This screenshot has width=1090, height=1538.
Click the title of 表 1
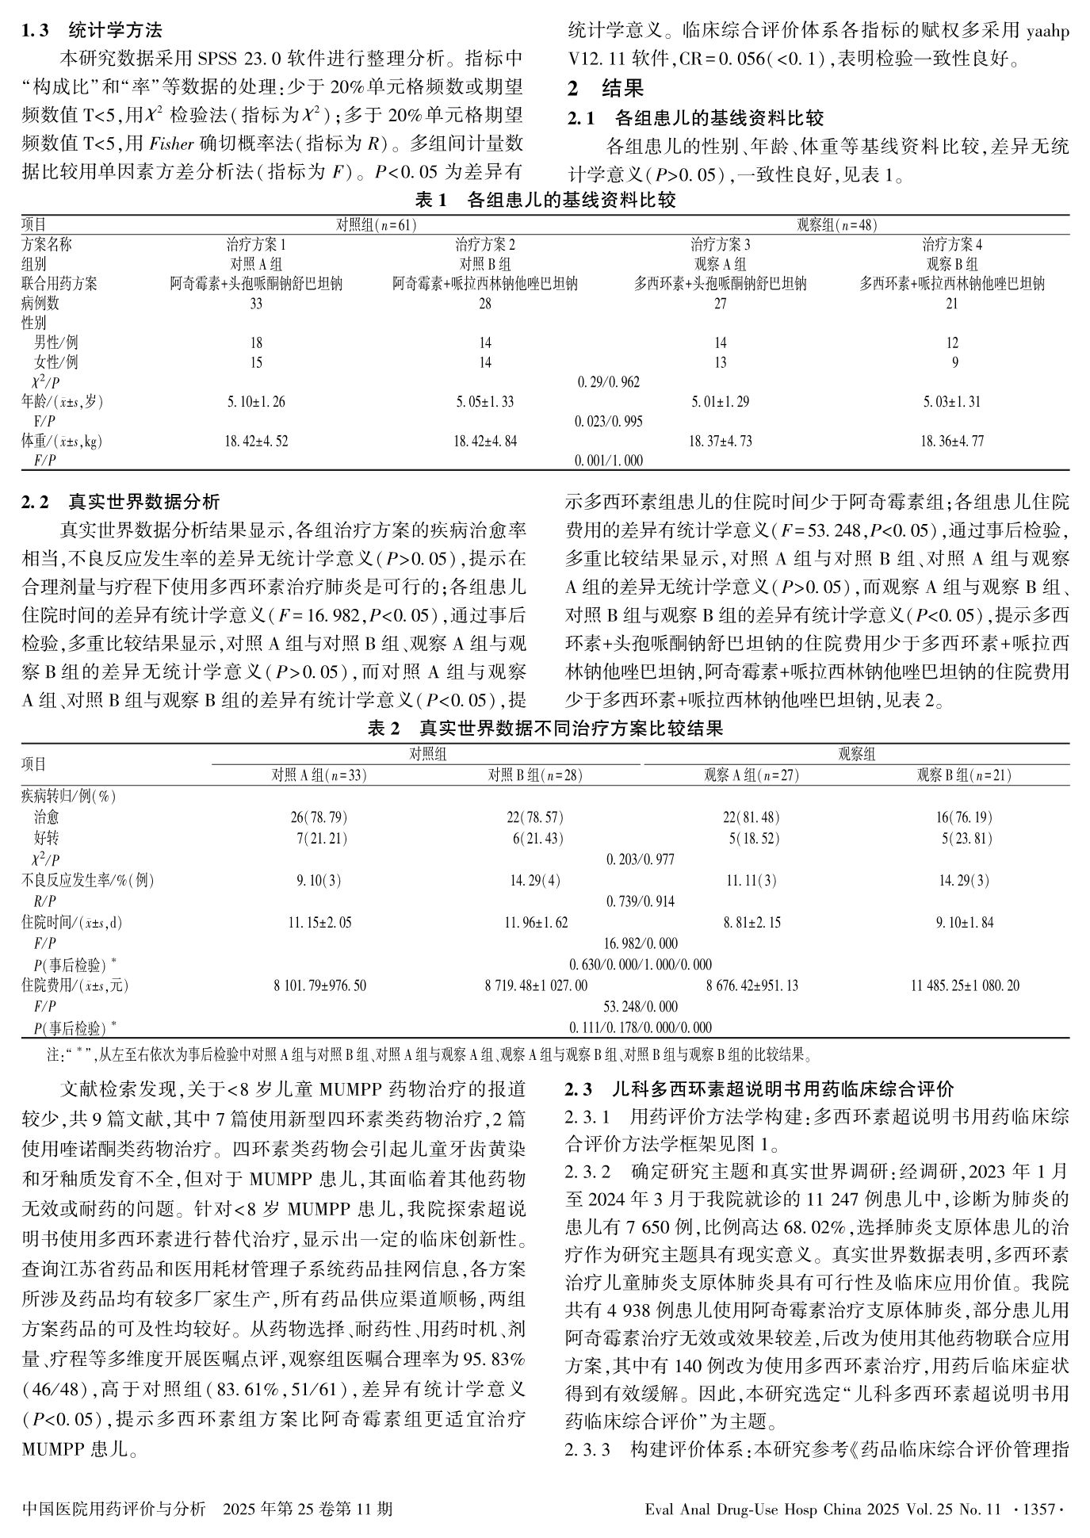[x=545, y=201]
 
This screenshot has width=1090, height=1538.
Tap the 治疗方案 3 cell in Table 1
[x=720, y=244]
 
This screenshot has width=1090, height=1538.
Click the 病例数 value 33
[x=256, y=303]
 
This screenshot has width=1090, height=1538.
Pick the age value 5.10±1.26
[x=256, y=402]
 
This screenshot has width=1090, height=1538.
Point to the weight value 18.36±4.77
[x=951, y=441]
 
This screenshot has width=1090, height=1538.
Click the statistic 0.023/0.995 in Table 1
[x=609, y=422]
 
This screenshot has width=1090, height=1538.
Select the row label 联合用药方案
[x=59, y=283]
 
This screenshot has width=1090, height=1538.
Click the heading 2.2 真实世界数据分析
[x=120, y=502]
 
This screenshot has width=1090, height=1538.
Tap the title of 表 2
[x=545, y=728]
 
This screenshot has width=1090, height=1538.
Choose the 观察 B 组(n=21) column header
[x=964, y=775]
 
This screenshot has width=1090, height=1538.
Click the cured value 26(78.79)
[x=319, y=817]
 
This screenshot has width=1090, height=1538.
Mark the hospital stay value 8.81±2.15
[x=752, y=923]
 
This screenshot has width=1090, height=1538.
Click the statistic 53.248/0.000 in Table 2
[x=641, y=1007]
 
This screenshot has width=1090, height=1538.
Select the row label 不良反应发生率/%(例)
[x=87, y=880]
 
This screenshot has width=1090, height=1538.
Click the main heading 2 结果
[x=606, y=89]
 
